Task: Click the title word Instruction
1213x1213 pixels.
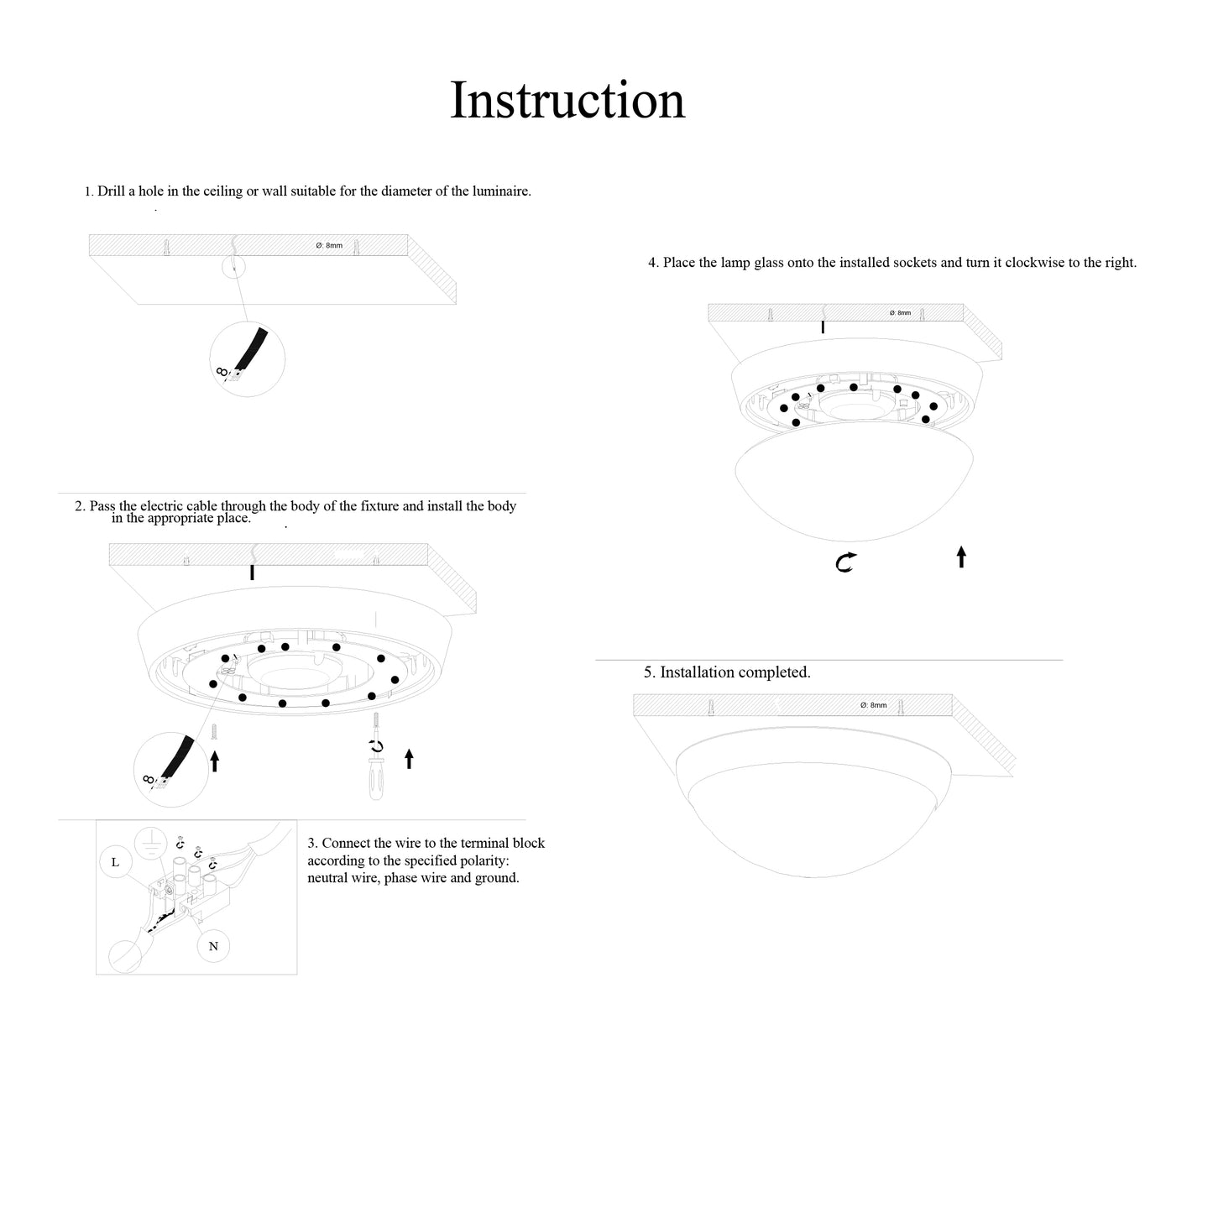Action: [567, 101]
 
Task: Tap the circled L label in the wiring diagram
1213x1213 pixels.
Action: [115, 862]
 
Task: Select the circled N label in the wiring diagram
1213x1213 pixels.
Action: [213, 946]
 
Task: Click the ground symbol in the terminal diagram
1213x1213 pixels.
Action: [149, 842]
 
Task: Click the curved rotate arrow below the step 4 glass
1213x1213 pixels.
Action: [845, 562]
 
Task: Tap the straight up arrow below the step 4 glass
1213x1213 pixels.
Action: [961, 557]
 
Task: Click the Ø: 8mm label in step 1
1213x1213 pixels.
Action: [329, 245]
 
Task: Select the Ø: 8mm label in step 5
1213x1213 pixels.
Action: [873, 705]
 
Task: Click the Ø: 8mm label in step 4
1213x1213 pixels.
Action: [900, 313]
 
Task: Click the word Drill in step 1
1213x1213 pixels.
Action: [111, 191]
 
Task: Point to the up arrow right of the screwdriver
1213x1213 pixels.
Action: [409, 759]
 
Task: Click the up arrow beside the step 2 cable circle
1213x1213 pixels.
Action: [214, 761]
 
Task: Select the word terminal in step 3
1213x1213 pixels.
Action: [475, 843]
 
